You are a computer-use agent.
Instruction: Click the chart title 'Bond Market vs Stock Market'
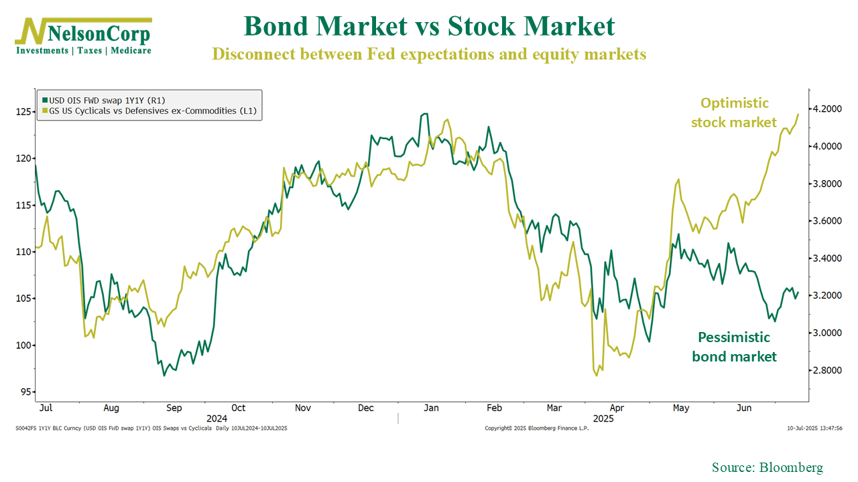click(429, 26)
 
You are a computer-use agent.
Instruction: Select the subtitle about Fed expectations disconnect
click(429, 54)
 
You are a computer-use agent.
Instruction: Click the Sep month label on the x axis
click(174, 408)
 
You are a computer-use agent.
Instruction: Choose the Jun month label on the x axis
click(745, 408)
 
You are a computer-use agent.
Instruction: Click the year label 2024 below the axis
click(217, 418)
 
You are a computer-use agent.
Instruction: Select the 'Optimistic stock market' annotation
click(734, 112)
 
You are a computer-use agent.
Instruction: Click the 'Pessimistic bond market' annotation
click(734, 347)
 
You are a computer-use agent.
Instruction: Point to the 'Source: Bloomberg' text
click(767, 467)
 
